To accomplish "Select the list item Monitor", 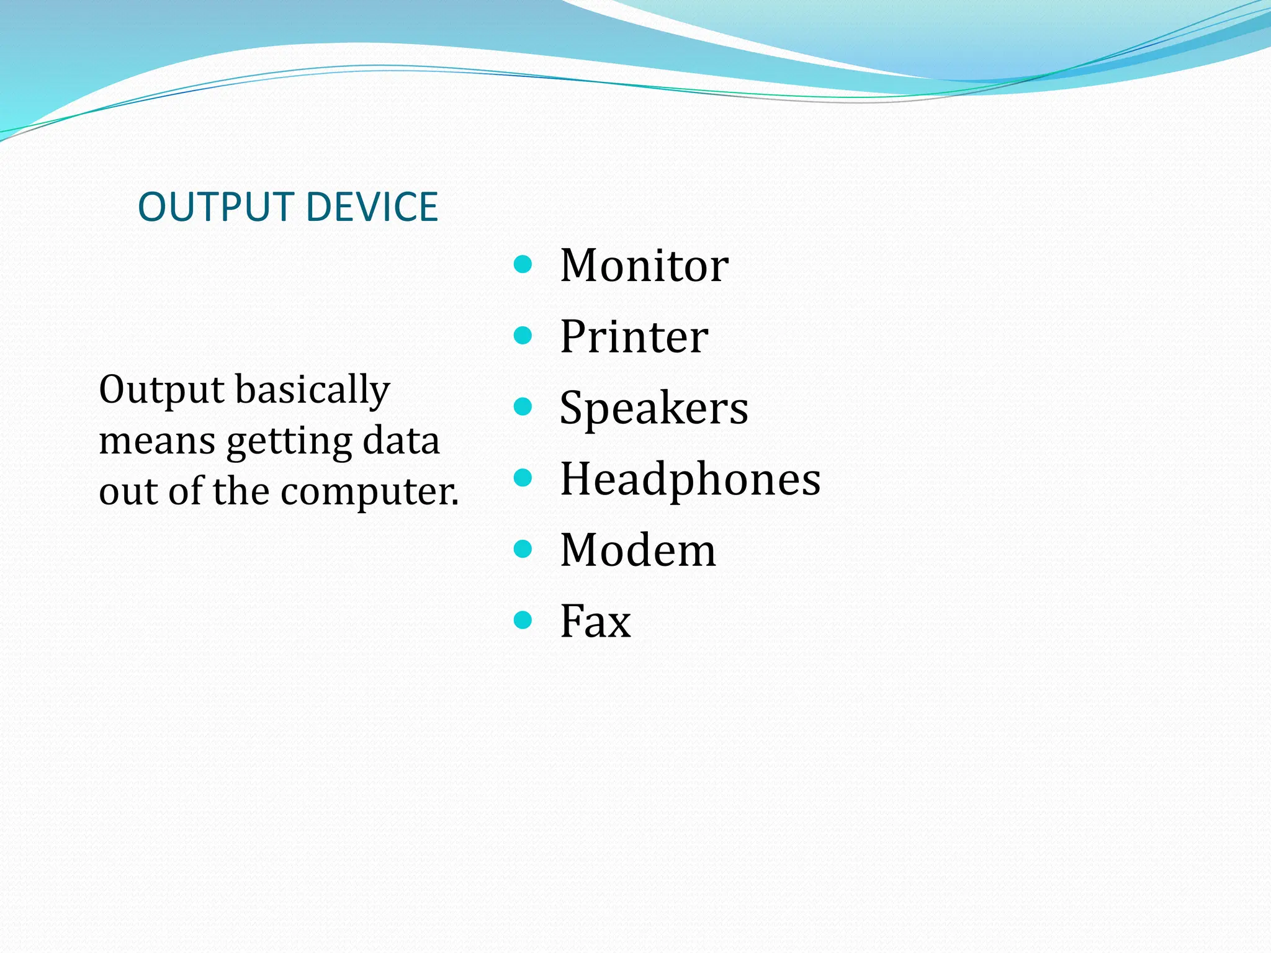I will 644,266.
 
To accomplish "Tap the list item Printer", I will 634,337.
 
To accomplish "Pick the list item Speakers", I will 653,408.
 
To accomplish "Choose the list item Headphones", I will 690,479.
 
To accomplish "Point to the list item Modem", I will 637,550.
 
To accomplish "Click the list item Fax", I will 595,621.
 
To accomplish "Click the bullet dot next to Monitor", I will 523,265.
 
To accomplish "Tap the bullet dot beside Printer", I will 523,336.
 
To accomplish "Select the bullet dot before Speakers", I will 523,407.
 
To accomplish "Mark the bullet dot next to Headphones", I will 523,478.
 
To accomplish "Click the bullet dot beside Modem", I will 523,549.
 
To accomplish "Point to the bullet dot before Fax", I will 523,620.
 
